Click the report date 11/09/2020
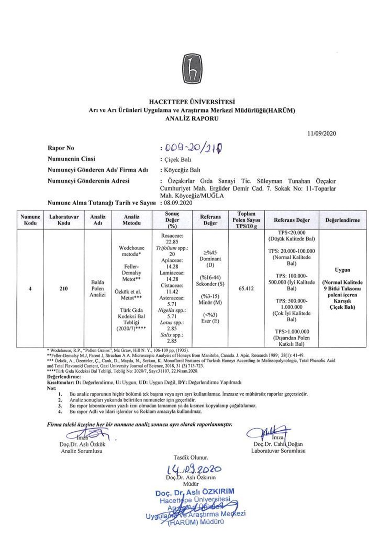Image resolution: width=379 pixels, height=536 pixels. (322, 133)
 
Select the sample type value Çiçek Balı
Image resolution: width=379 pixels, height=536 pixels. (177, 160)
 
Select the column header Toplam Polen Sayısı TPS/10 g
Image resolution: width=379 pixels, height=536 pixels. (246, 220)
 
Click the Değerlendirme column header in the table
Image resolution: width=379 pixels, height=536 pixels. (343, 220)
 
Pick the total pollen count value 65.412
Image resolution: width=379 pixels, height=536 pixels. (246, 288)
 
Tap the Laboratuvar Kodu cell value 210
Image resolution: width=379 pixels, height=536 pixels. (63, 288)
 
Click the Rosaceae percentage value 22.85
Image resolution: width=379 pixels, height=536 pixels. (172, 242)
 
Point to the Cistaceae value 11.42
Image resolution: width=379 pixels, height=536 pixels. (172, 292)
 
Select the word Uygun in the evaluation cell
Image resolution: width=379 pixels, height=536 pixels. (342, 270)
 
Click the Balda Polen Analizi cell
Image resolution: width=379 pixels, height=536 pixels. (98, 288)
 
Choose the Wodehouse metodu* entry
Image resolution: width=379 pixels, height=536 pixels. (131, 251)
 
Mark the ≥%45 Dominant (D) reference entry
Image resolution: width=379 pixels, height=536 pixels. (210, 259)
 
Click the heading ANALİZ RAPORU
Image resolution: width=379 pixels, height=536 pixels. (192, 119)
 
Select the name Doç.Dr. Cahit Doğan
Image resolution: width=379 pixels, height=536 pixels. (278, 444)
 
